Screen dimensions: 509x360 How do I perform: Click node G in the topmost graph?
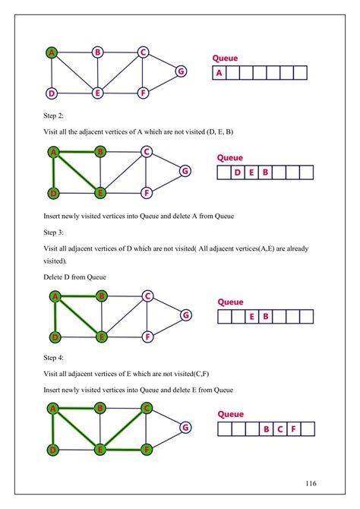181,71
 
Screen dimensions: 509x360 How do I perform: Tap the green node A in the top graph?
52,52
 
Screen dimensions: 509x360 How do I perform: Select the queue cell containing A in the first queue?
219,73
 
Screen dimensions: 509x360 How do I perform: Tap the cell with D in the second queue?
238,172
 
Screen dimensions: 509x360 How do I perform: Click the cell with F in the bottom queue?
293,430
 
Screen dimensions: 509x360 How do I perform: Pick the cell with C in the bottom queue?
279,430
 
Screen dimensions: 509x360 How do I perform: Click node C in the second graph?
147,150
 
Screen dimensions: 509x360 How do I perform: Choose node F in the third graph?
149,336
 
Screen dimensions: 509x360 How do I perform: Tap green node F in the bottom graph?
147,449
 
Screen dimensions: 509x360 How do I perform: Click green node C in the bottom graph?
147,408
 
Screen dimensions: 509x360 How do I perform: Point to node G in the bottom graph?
184,427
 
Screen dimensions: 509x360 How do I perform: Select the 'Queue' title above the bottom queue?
230,414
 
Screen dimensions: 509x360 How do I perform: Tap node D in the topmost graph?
52,93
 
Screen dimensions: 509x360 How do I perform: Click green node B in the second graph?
100,151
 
